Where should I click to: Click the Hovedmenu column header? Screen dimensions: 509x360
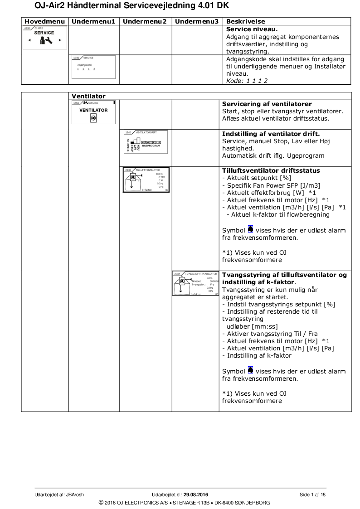pos(44,21)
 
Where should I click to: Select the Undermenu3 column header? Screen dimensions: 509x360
pos(196,21)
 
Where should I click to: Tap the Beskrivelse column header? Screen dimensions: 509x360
pos(245,21)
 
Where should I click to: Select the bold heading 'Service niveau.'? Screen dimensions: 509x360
pos(248,29)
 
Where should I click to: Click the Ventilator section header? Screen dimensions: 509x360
pos(88,96)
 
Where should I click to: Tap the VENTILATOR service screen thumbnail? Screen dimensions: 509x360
pos(93,113)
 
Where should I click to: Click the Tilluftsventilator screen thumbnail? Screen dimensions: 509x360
pos(146,180)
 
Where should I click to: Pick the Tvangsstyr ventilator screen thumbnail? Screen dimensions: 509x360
pos(195,283)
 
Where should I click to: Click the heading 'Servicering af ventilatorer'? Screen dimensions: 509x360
pos(267,104)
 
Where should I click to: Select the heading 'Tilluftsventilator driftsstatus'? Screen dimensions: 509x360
pos(271,170)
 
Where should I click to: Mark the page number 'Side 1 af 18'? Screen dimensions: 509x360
pos(312,494)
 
